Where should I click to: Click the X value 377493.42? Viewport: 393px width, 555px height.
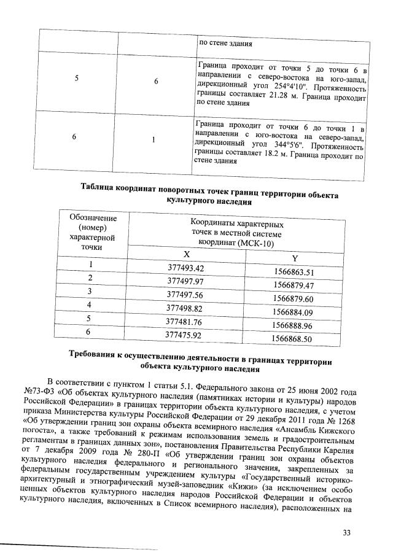pyautogui.click(x=194, y=268)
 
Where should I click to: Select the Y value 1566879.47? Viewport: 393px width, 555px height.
pyautogui.click(x=294, y=285)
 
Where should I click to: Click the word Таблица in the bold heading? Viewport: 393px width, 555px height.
pyautogui.click(x=97, y=186)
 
